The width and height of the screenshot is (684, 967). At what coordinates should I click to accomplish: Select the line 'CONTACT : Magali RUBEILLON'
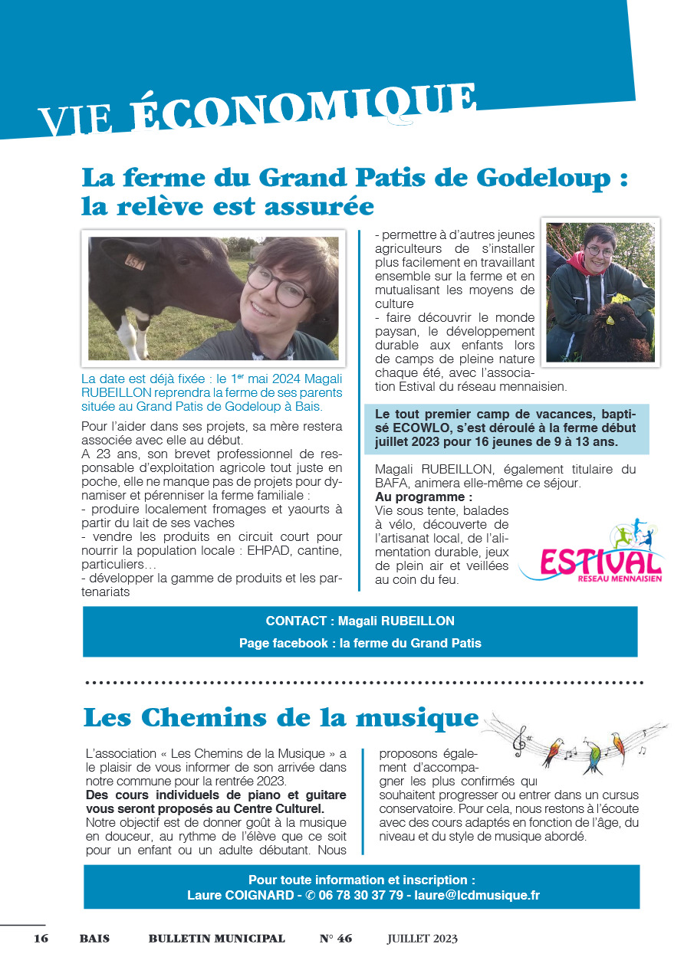click(x=360, y=621)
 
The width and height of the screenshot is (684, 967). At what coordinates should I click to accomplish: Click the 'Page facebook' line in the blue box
click(x=360, y=643)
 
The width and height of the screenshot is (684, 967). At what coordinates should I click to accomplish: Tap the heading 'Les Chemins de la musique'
click(x=281, y=718)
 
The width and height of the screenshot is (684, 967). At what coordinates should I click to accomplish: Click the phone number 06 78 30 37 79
click(x=360, y=895)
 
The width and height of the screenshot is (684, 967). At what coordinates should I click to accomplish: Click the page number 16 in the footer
click(x=41, y=939)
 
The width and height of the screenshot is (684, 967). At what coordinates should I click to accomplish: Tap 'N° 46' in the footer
click(x=335, y=939)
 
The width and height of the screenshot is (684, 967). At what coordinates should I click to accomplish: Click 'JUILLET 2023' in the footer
click(x=422, y=939)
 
